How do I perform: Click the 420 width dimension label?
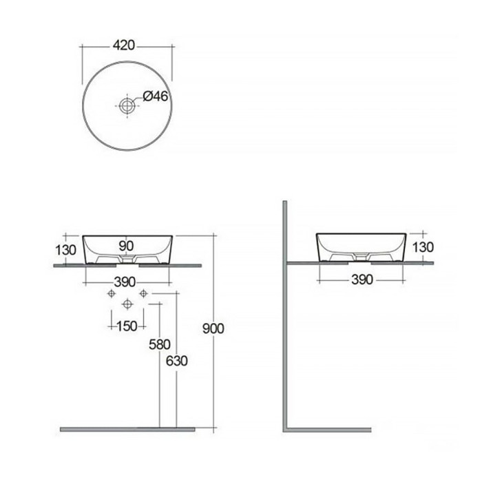(124, 45)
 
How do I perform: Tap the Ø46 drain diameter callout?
(156, 96)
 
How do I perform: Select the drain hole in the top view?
(127, 105)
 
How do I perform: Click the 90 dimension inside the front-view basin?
(126, 246)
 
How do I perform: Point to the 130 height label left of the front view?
(65, 250)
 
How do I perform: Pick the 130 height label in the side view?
(423, 247)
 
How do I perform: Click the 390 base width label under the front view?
(125, 282)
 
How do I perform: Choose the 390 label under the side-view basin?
(362, 280)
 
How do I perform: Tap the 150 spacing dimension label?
(127, 326)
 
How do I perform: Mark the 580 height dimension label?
(160, 344)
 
